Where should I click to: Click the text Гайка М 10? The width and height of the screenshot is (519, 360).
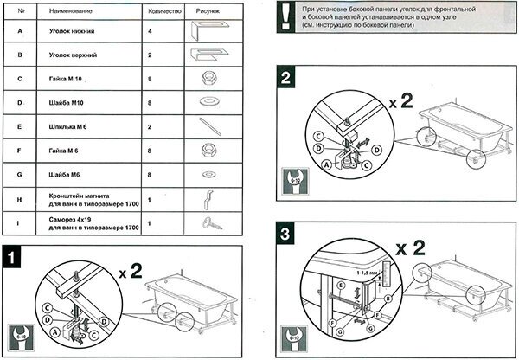pos(69,78)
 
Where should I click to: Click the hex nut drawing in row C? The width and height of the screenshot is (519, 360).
pos(207,78)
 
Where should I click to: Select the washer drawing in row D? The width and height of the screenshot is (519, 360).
pos(208,102)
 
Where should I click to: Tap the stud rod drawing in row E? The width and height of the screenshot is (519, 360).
pos(208,126)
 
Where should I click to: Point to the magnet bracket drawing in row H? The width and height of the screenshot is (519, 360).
pos(208,200)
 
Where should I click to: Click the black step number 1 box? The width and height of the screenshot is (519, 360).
pos(13,257)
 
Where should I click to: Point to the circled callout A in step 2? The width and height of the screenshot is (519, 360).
pos(326,164)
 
